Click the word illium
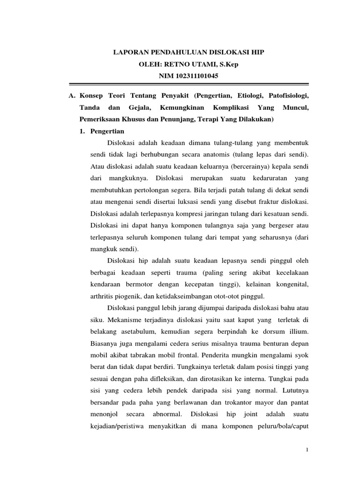[299, 331]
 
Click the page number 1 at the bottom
[307, 450]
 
